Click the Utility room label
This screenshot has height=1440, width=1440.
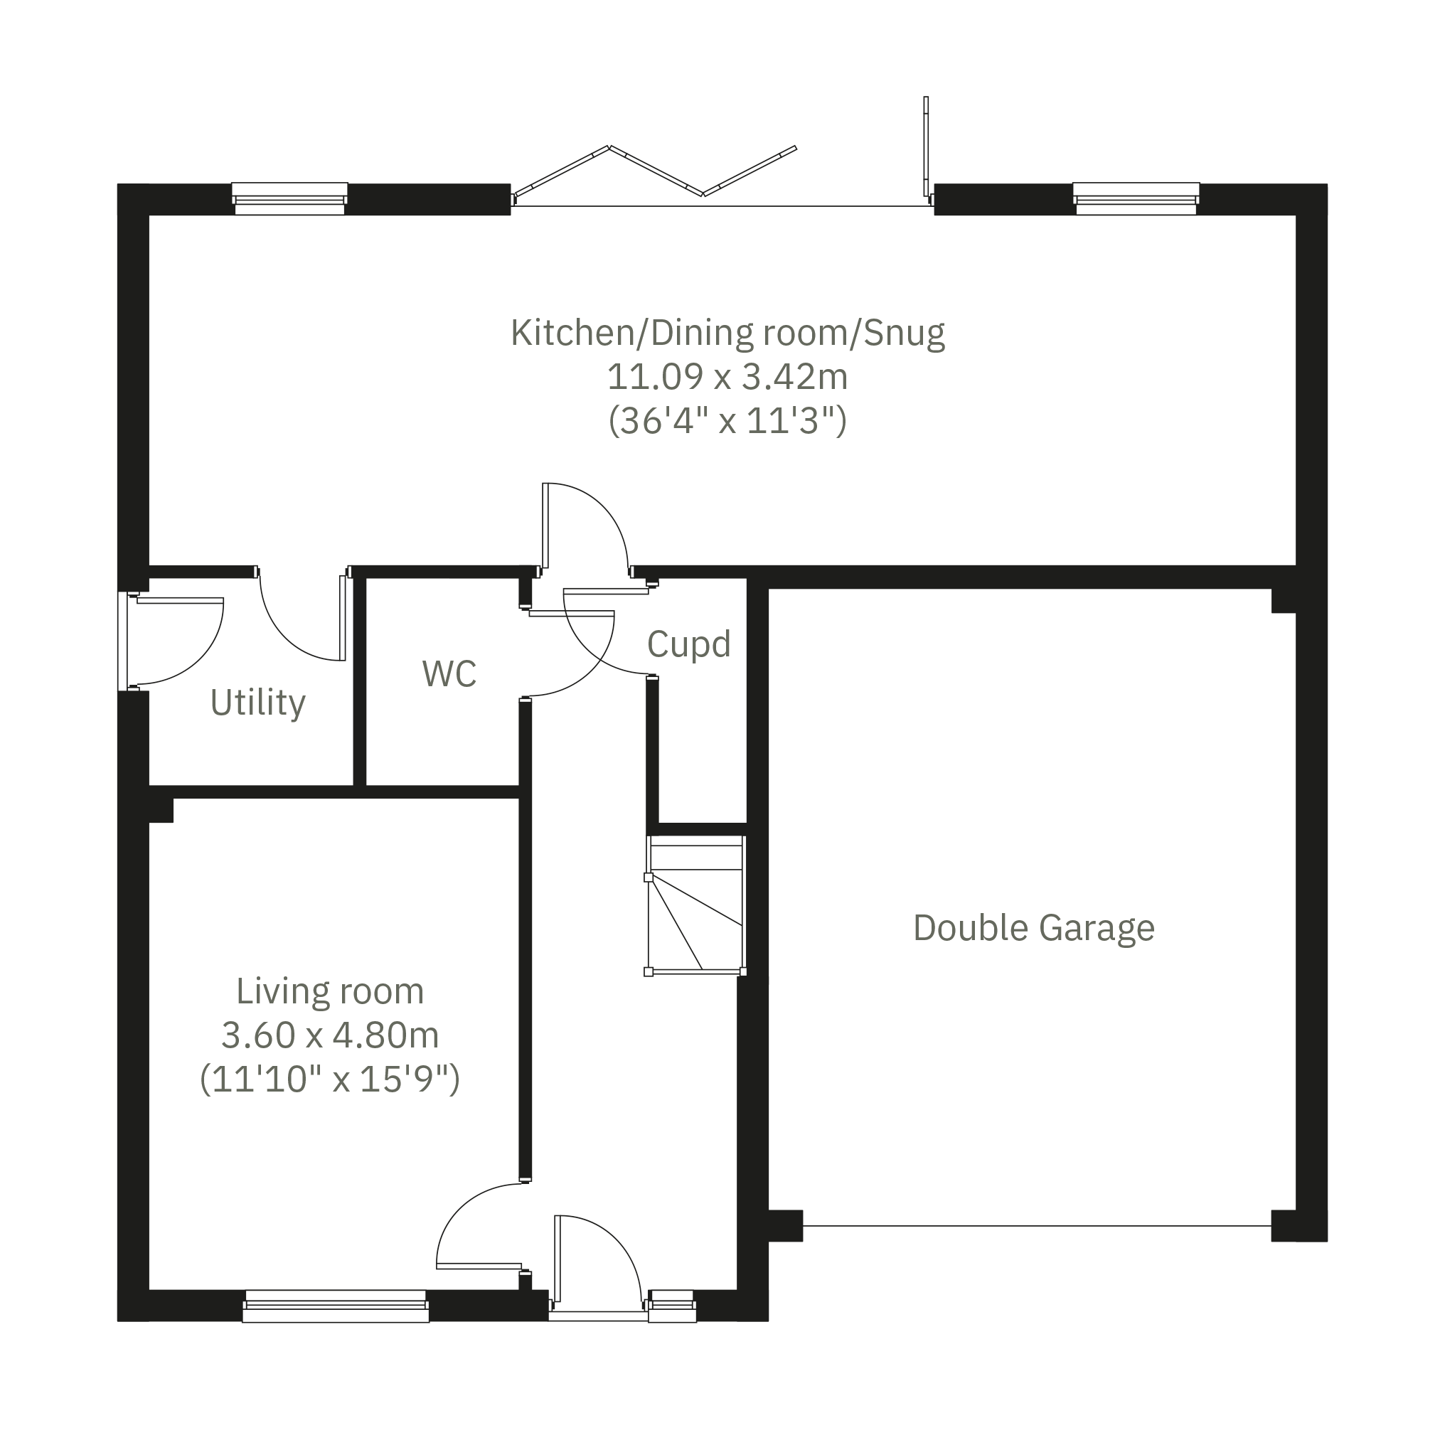tap(258, 703)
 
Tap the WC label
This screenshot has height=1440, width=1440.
tap(449, 674)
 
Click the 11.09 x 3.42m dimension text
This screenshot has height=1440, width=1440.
tap(727, 377)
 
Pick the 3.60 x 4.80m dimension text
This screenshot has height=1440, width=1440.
tap(330, 1035)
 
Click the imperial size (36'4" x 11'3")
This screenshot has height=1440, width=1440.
tap(727, 421)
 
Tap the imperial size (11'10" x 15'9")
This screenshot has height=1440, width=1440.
tap(330, 1079)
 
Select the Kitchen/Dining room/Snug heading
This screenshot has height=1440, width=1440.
tap(727, 334)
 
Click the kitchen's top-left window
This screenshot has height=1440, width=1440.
tap(290, 199)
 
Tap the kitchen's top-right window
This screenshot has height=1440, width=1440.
tap(1136, 199)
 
